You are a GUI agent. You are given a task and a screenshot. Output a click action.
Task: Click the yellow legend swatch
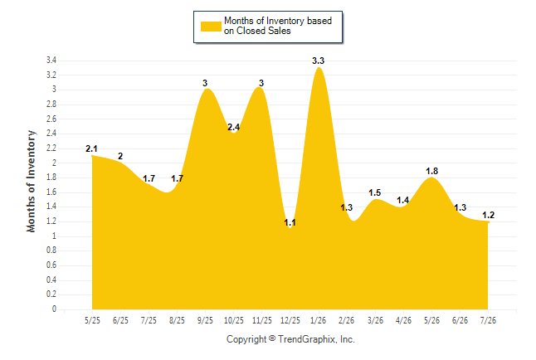[x=211, y=27]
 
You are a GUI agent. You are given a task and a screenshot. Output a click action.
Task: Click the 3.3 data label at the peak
[x=318, y=61]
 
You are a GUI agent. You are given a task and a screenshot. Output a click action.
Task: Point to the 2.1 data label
[x=91, y=148]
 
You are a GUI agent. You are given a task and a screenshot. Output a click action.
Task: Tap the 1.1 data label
[x=290, y=222]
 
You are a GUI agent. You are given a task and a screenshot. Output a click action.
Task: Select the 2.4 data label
[x=233, y=127]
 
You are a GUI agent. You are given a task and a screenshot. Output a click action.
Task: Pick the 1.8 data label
[x=431, y=171]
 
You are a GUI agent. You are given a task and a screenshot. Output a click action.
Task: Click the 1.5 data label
[x=375, y=192]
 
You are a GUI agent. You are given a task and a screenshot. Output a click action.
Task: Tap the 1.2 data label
[x=488, y=215]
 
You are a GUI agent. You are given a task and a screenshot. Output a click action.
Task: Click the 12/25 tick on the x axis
[x=290, y=320]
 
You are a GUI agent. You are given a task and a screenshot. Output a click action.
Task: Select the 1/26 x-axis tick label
[x=318, y=320]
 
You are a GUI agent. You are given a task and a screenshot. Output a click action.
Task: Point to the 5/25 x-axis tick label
[x=92, y=320]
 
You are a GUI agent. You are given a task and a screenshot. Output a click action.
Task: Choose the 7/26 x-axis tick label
[x=488, y=320]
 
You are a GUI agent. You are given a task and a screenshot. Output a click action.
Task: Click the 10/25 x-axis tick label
[x=233, y=320]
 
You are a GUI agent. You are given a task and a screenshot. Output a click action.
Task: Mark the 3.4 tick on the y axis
[x=51, y=61]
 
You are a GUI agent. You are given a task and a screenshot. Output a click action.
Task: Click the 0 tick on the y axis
[x=54, y=309]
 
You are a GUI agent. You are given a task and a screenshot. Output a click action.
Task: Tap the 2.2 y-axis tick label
[x=51, y=148]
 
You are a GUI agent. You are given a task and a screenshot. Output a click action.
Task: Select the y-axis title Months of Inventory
[x=31, y=181]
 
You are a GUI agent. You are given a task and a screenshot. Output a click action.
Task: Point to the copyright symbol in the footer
[x=272, y=338]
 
